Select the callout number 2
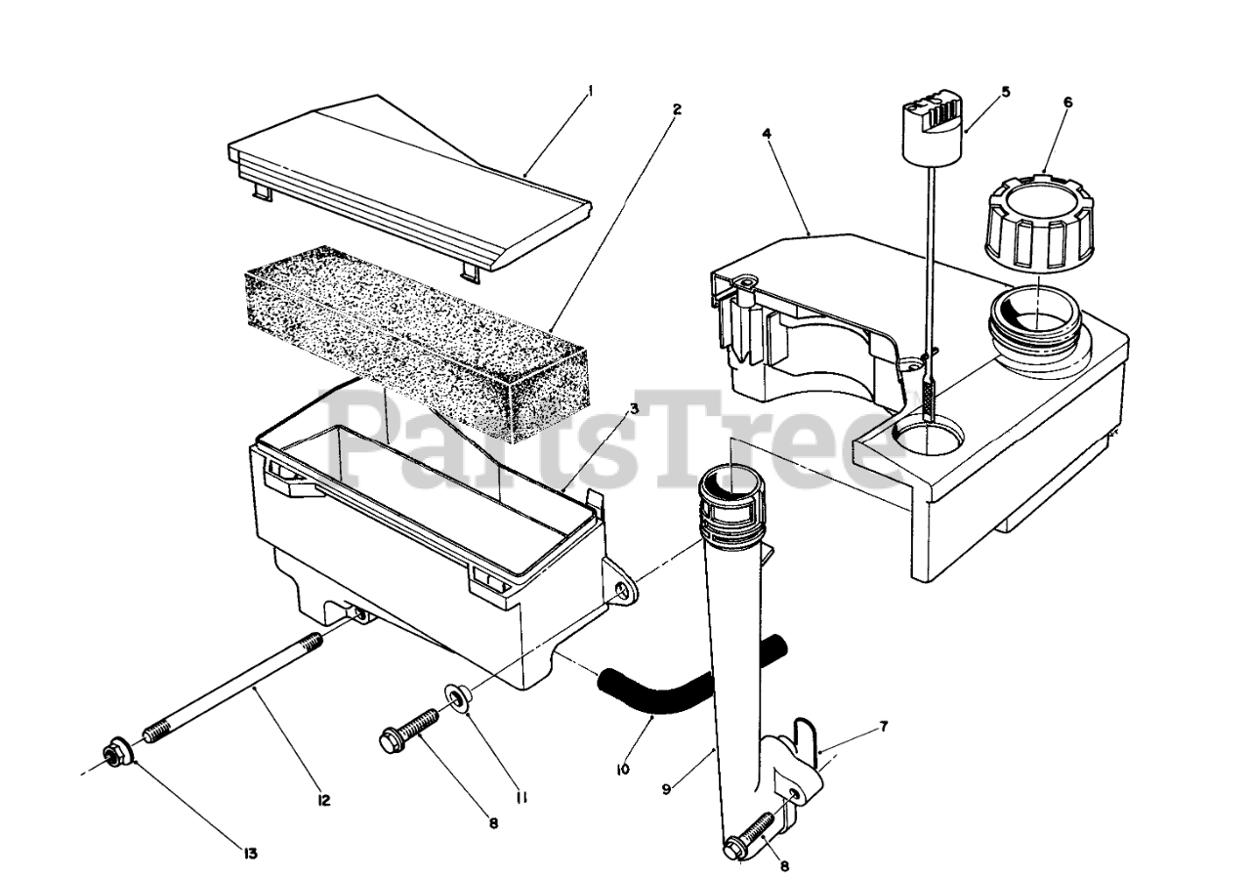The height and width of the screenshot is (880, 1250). (x=676, y=108)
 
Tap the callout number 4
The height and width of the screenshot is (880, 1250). (x=767, y=134)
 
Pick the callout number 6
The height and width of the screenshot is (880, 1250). (x=1067, y=103)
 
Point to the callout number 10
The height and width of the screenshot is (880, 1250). (x=623, y=769)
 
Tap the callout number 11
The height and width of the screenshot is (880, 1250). (x=522, y=797)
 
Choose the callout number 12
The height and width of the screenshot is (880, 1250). (x=323, y=800)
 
